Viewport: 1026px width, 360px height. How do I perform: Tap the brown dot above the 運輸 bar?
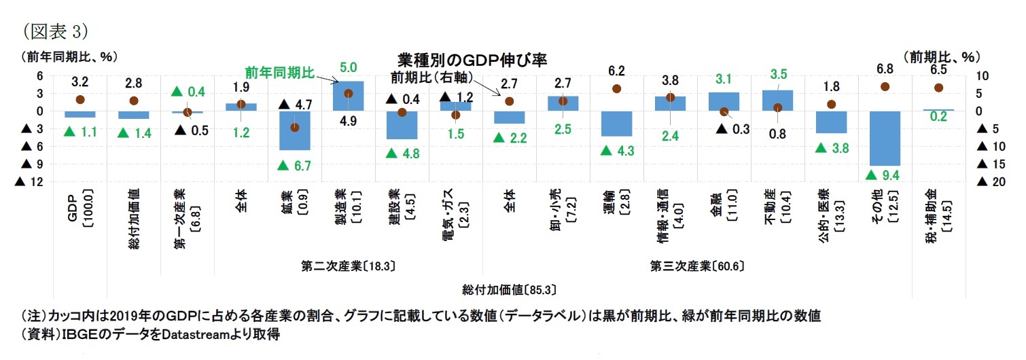(616, 89)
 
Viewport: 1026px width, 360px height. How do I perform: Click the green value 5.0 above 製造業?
(349, 67)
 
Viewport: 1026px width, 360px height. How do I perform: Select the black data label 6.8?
(885, 69)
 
